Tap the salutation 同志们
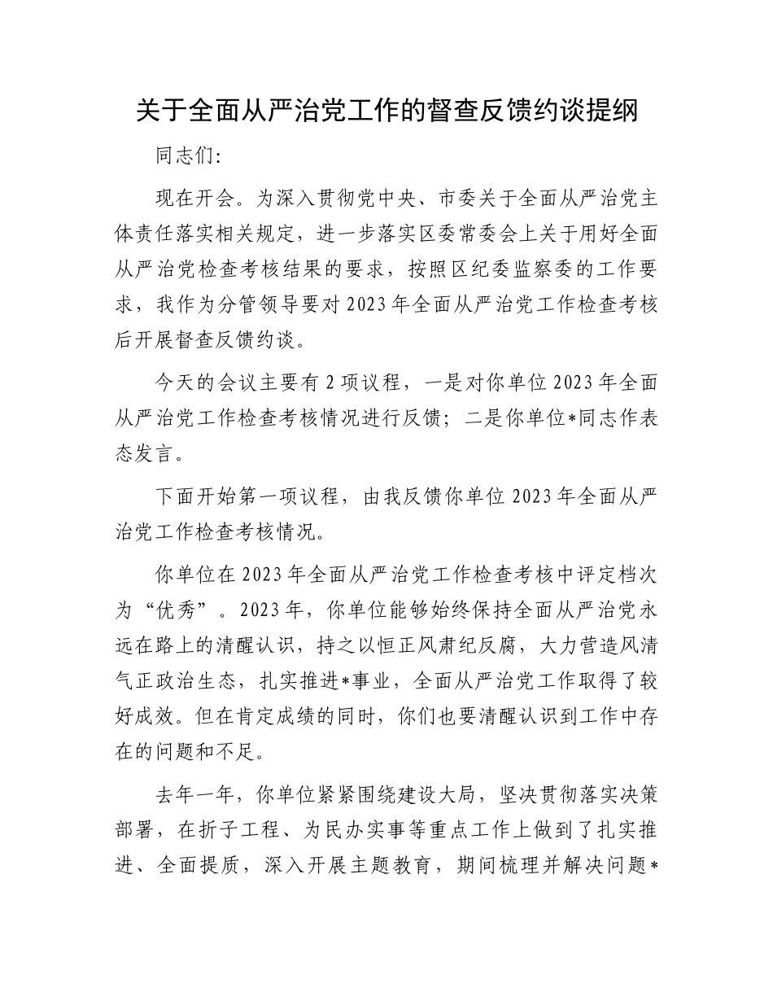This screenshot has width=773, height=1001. click(185, 156)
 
